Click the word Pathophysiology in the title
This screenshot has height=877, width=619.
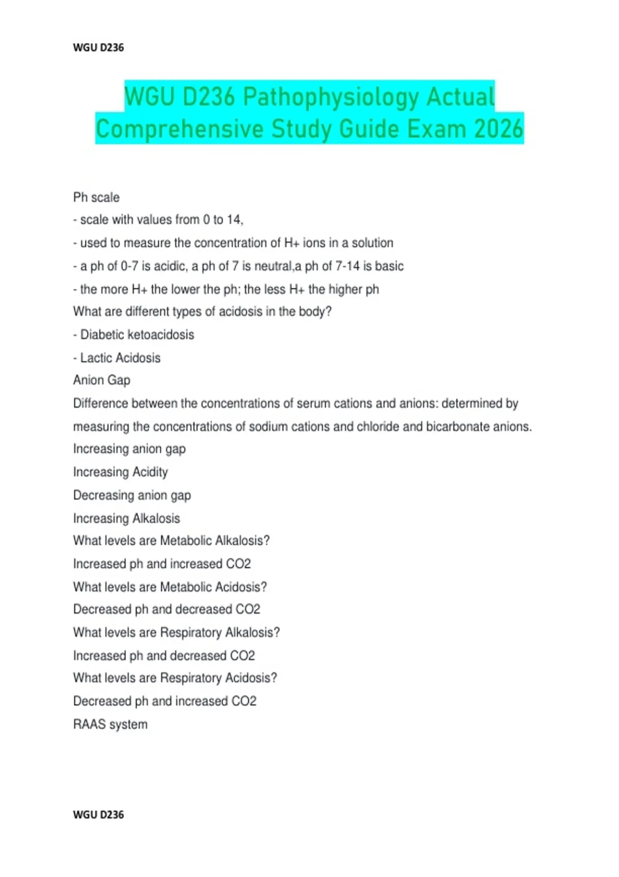point(331,97)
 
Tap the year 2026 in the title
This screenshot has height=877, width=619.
point(498,128)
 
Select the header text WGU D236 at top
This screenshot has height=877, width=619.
point(99,47)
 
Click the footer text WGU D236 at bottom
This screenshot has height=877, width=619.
point(99,815)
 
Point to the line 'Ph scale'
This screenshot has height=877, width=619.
point(96,197)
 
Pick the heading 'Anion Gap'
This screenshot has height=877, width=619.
point(102,380)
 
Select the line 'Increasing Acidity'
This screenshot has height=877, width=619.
point(121,472)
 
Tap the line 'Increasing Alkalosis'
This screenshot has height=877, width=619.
point(127,518)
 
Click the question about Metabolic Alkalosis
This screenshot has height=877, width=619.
point(171,541)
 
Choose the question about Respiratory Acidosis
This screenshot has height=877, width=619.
point(175,678)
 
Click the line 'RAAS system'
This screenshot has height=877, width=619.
point(110,724)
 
